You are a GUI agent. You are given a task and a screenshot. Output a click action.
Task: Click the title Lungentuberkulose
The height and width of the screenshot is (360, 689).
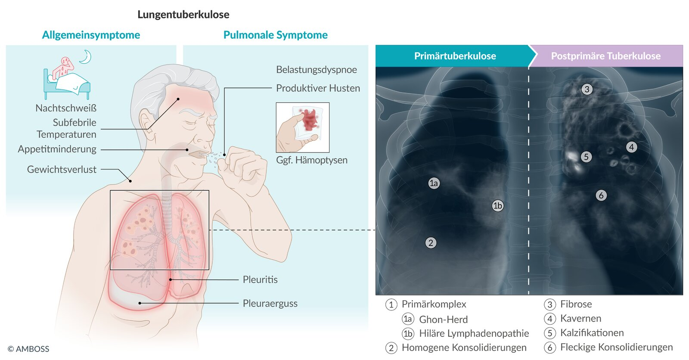[x=183, y=15]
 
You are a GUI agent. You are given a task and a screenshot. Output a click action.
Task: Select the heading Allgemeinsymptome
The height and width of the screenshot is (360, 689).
[x=91, y=35]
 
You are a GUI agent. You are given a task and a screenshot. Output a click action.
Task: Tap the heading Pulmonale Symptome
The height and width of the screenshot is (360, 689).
[x=276, y=35]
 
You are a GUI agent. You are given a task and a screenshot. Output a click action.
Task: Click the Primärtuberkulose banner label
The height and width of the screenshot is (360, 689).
[x=455, y=56]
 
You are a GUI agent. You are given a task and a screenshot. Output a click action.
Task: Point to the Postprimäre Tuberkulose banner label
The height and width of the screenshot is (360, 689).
[x=605, y=56]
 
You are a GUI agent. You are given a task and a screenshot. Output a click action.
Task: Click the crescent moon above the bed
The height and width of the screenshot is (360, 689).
[x=86, y=56]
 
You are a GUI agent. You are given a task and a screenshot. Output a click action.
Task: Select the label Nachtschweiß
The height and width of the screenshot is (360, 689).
[x=66, y=108]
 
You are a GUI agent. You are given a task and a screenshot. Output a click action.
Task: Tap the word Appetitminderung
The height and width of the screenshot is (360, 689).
[x=57, y=149]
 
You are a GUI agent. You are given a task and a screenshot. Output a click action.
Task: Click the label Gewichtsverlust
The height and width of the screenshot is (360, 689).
[x=62, y=170]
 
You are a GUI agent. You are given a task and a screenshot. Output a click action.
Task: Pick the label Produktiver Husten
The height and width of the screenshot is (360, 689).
[x=318, y=88]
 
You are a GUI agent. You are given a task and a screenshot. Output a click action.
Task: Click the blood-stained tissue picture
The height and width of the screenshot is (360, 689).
[x=303, y=127]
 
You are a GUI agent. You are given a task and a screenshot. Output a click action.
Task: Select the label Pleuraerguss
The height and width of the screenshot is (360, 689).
[x=270, y=304]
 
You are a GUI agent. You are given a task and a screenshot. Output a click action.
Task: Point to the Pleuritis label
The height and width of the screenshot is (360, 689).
[x=260, y=280]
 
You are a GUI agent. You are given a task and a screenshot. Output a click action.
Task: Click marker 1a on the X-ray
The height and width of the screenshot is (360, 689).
[x=434, y=183]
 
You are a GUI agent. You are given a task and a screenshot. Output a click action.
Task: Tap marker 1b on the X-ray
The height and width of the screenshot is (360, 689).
[x=497, y=205]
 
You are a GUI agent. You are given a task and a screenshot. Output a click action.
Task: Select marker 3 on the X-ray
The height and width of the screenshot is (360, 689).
[x=587, y=89]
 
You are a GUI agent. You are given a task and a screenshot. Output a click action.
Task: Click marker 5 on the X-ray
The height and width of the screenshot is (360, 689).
[x=586, y=157]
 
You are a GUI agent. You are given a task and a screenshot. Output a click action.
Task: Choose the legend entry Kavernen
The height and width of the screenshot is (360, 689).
[x=581, y=319]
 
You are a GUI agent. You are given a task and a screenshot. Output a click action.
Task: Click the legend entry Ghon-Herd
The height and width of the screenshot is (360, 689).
[x=443, y=320]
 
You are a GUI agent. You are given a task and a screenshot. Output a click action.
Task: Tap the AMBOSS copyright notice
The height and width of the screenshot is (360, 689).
[x=28, y=349]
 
